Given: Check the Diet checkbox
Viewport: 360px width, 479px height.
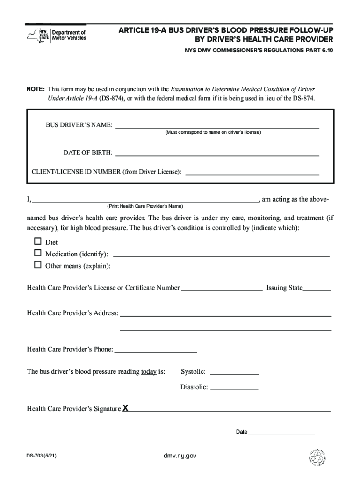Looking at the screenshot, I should (38, 242).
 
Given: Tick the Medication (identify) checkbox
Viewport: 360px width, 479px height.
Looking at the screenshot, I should (38, 253).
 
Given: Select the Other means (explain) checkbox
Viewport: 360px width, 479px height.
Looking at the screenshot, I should (38, 265).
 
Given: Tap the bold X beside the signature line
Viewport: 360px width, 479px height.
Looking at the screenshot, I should (125, 408).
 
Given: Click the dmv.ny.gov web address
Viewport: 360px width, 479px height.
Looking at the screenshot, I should (180, 455).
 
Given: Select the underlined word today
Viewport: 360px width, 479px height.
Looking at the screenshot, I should (149, 372).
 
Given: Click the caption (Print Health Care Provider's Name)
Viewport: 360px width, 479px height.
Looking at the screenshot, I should (145, 206).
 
